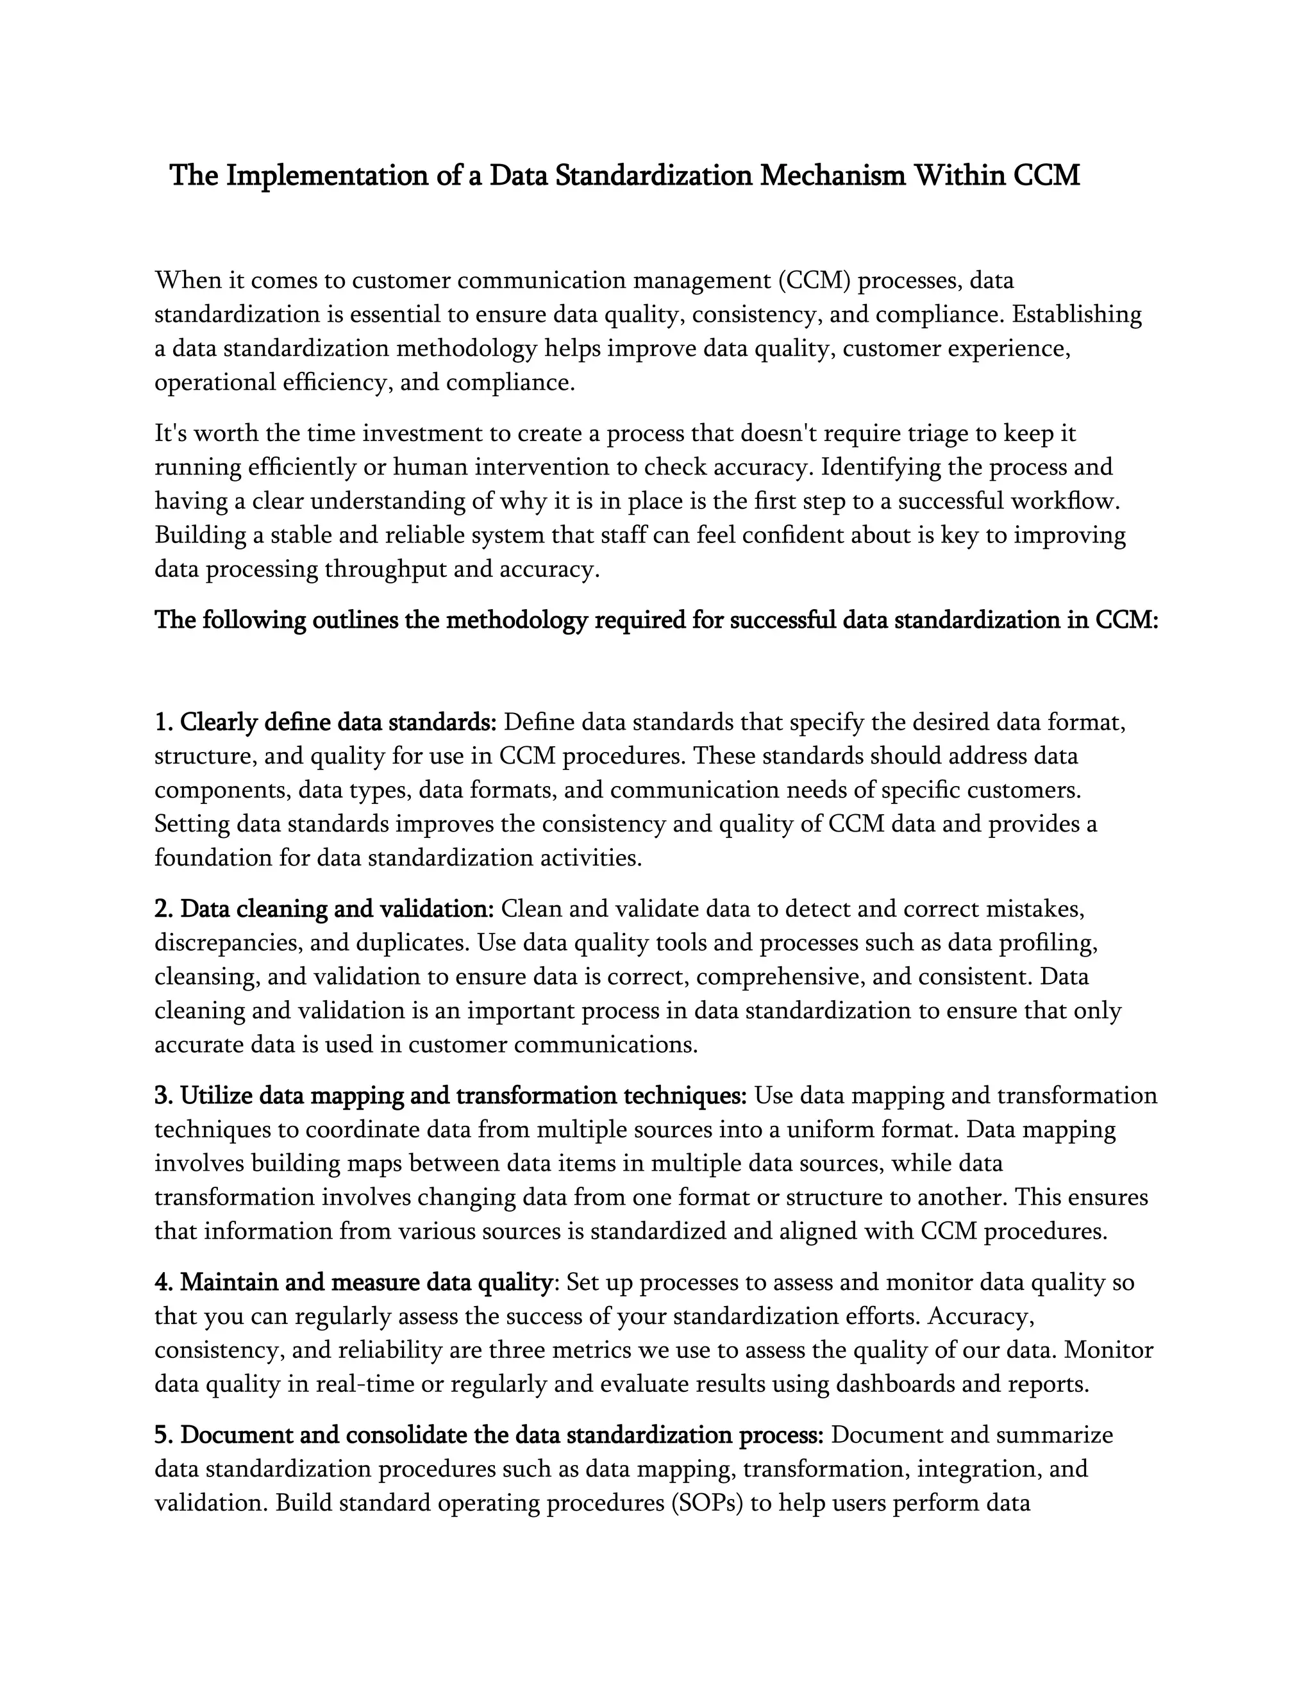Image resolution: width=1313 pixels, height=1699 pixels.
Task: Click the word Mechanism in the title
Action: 832,176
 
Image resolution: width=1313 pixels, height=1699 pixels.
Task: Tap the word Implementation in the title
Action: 326,176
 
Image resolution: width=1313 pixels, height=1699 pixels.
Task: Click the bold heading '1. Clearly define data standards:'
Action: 325,723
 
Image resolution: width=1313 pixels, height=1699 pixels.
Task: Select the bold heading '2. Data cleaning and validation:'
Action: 324,908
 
